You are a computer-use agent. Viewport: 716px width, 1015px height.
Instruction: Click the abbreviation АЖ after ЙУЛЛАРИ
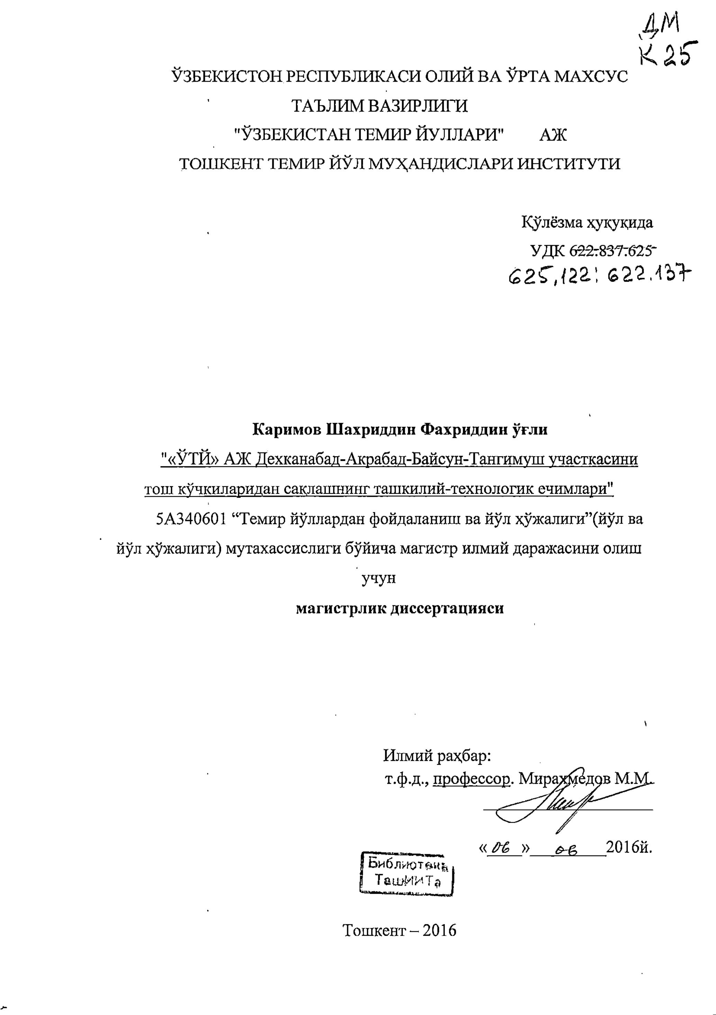point(552,135)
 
